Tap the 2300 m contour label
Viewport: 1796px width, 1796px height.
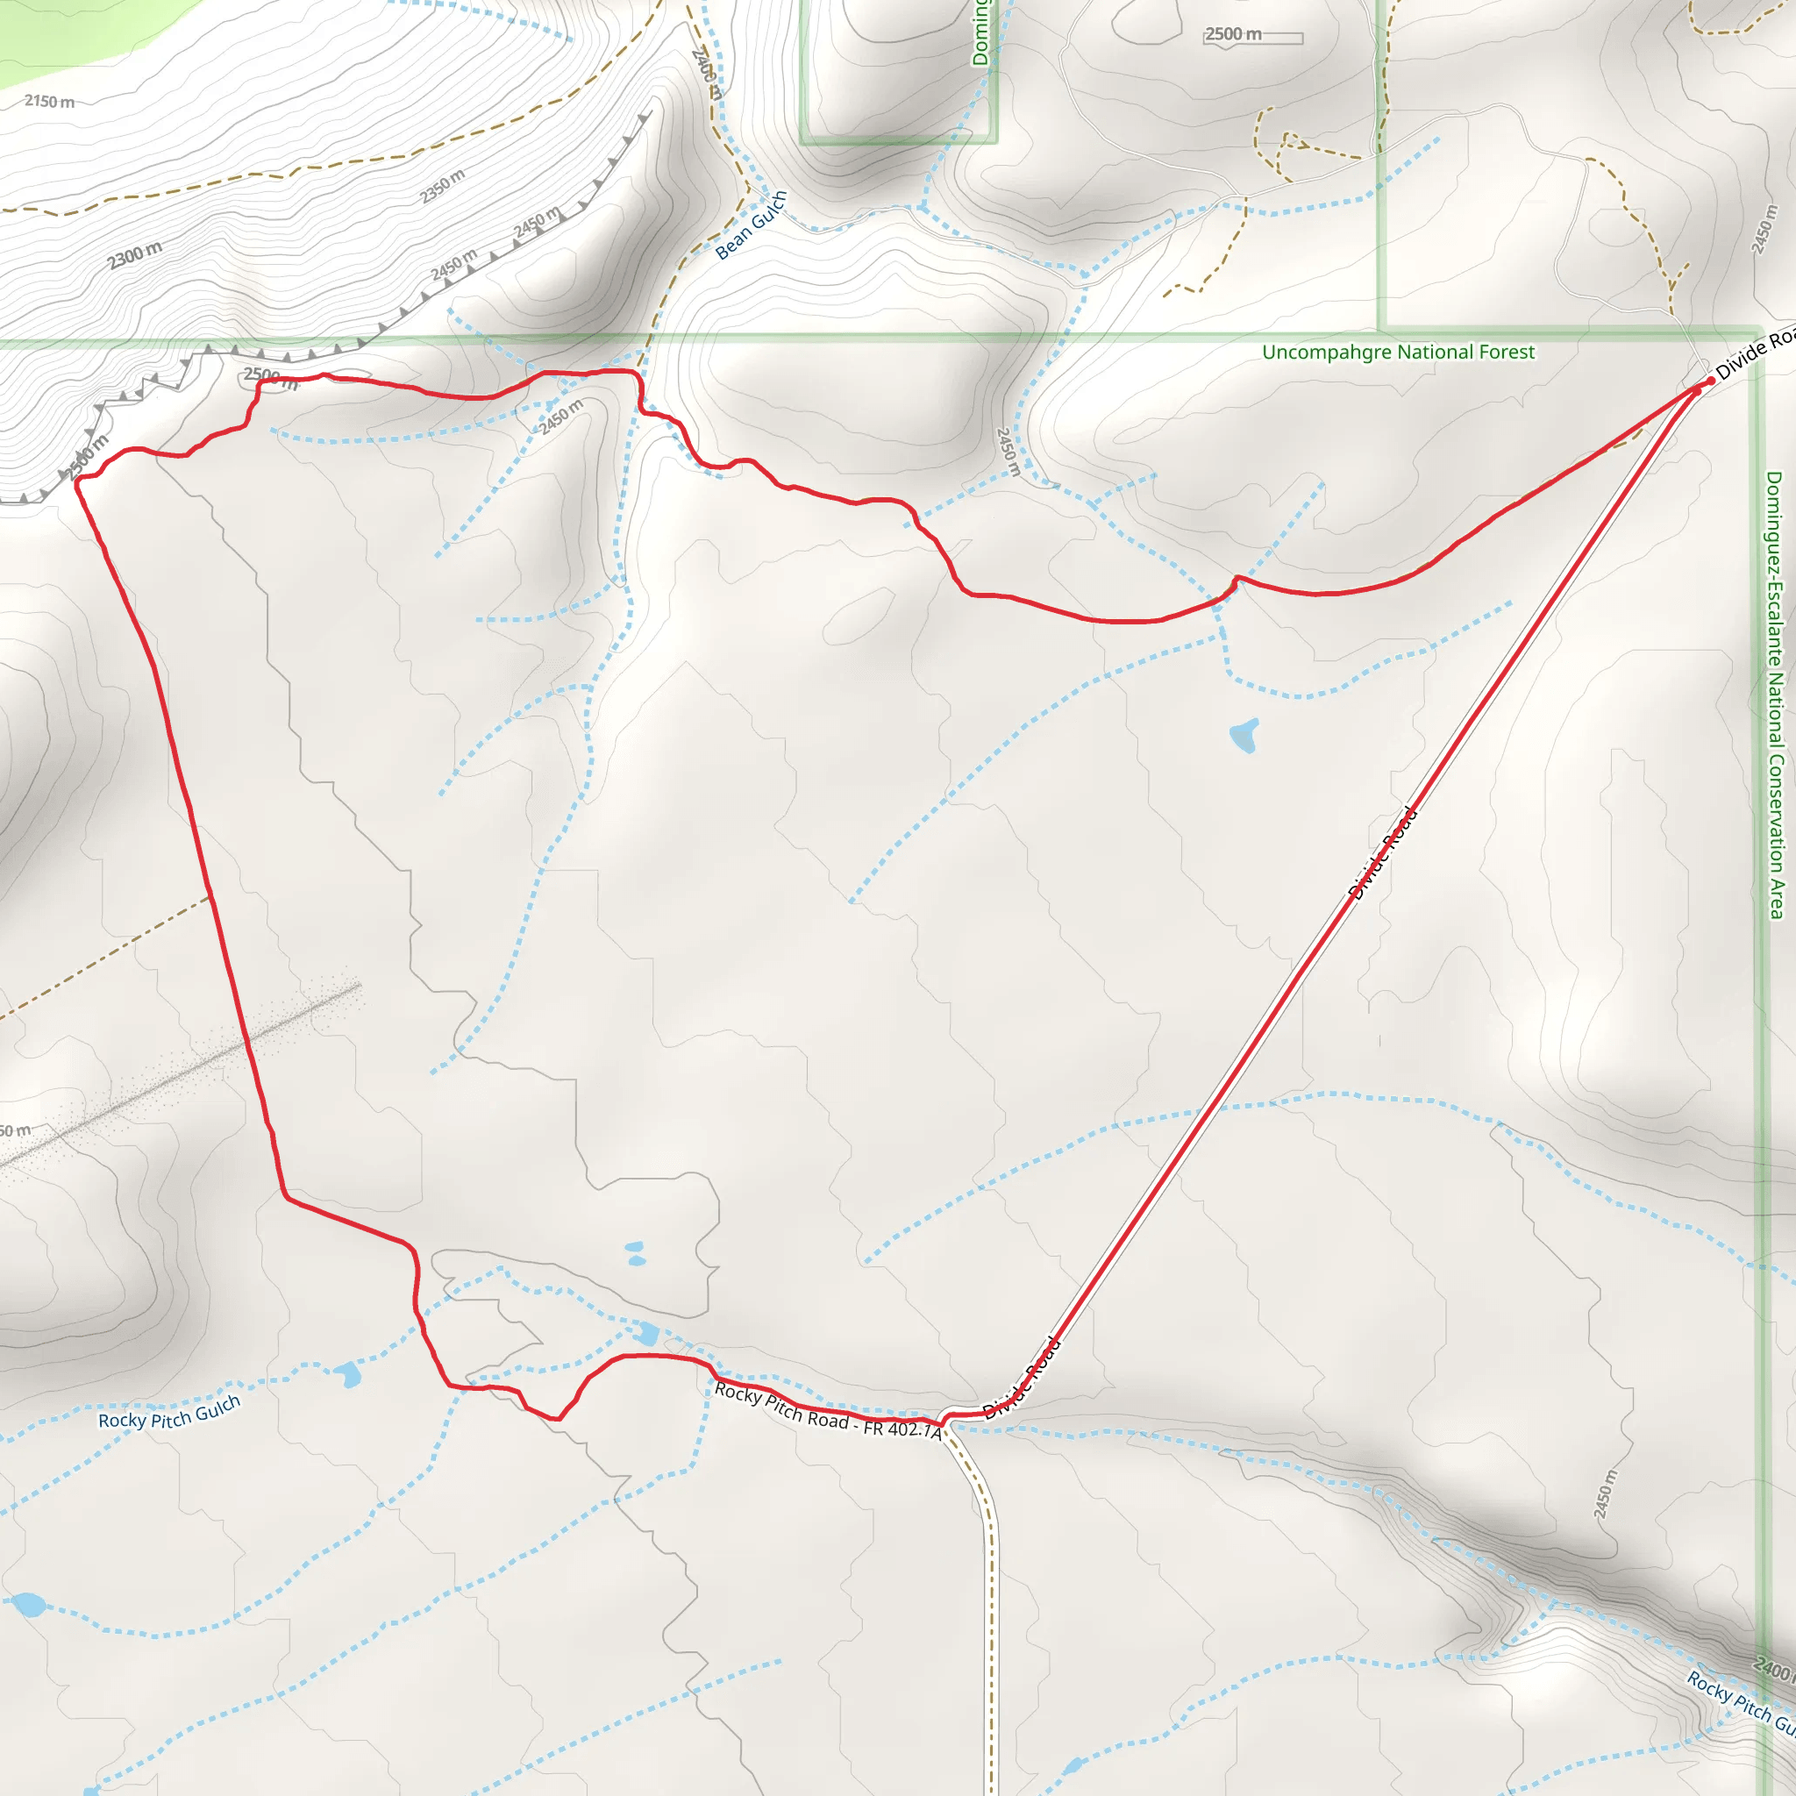pyautogui.click(x=135, y=253)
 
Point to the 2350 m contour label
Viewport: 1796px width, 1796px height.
pyautogui.click(x=443, y=186)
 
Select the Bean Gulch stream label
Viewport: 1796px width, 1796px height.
pyautogui.click(x=752, y=225)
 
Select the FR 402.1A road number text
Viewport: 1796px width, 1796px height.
pyautogui.click(x=902, y=1428)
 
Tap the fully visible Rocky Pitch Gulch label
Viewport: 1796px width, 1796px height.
pyautogui.click(x=169, y=1413)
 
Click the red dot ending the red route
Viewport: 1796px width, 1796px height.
pyautogui.click(x=1710, y=381)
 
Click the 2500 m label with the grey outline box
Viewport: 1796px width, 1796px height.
pyautogui.click(x=1234, y=34)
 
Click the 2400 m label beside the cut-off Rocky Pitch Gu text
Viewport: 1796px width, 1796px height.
pyautogui.click(x=1774, y=1669)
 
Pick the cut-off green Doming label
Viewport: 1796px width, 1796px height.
pyautogui.click(x=980, y=33)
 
